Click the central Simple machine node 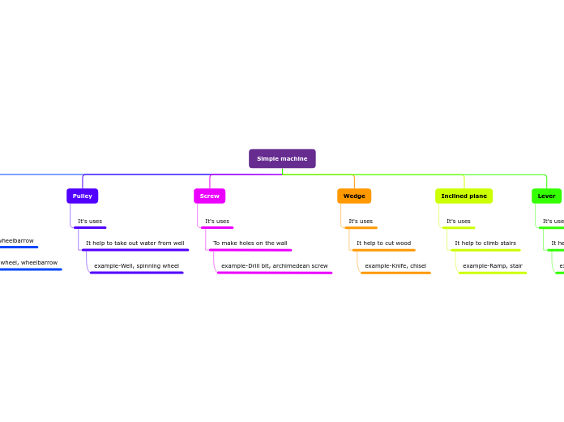point(282,158)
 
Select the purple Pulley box point(83,196)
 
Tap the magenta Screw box point(210,196)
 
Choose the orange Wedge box point(354,196)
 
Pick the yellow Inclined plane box point(464,196)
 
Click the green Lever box point(546,196)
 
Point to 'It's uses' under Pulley point(90,221)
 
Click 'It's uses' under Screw point(217,221)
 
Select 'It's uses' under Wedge point(361,221)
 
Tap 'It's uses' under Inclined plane point(459,221)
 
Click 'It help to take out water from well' point(135,243)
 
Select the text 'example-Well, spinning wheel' point(136,265)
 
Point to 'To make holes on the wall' point(250,243)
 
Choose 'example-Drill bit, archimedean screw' point(275,265)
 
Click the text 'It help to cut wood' point(384,243)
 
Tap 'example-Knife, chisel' point(395,265)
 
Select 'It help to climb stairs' point(485,243)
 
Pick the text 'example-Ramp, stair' point(493,265)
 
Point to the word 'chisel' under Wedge point(417,265)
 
